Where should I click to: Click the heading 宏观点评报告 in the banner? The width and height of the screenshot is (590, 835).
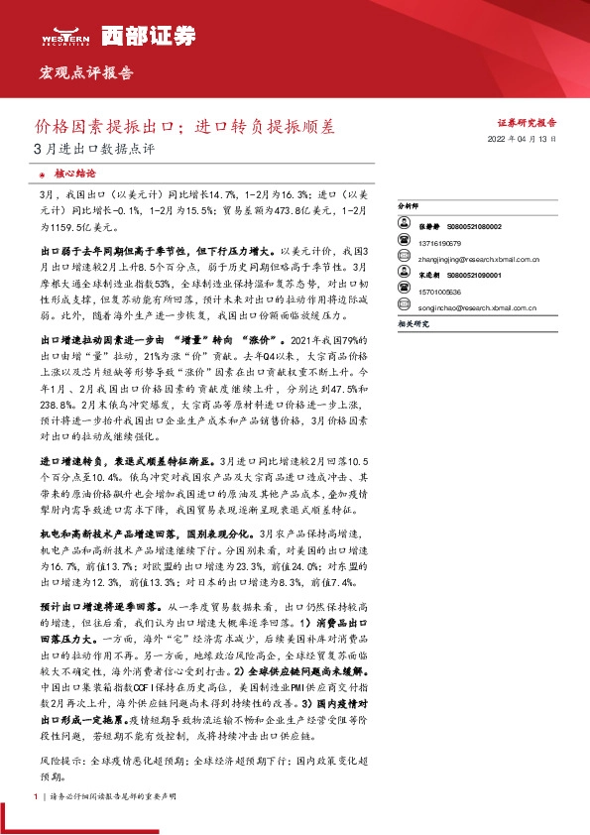point(85,73)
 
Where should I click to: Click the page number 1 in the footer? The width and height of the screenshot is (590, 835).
point(35,797)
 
